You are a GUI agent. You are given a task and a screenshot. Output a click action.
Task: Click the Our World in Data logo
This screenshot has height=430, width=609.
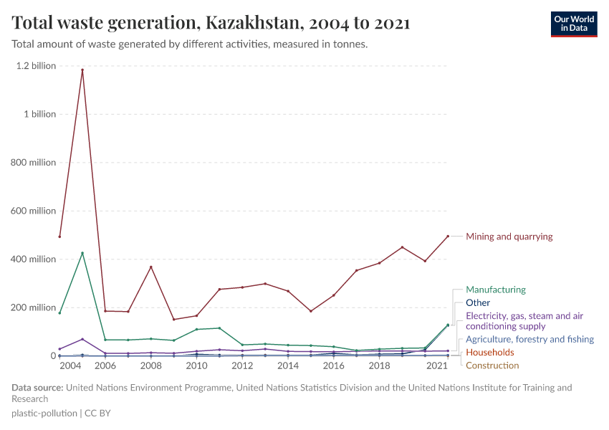(573, 24)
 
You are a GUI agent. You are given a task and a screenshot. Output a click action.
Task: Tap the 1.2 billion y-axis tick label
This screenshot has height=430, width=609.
(35, 66)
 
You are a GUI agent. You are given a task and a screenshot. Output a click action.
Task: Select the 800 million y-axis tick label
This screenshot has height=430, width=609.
(32, 163)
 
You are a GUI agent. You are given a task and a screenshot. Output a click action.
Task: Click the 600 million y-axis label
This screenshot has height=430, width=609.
(32, 211)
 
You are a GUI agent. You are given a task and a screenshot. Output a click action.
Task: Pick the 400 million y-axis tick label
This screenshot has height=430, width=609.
(32, 259)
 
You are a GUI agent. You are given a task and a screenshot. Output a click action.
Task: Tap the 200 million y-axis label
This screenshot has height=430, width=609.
(32, 307)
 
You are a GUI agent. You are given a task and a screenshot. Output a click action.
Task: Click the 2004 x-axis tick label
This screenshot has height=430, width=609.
(70, 365)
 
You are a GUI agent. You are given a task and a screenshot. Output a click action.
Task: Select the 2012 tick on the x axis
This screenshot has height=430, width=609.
(242, 365)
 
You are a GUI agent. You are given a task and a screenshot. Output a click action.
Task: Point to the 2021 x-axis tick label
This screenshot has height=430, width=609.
(437, 365)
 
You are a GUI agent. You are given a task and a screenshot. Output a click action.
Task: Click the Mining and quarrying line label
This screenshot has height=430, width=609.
(509, 236)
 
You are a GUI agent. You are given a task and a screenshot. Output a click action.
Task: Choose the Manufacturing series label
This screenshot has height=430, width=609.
(495, 290)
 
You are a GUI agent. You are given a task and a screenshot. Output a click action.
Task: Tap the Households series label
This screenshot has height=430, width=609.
(489, 353)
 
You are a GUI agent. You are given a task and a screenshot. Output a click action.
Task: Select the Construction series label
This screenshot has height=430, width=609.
(492, 365)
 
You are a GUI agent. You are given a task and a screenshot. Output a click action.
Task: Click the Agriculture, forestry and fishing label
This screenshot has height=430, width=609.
(529, 339)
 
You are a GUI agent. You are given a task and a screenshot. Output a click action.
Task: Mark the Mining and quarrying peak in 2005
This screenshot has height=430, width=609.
(82, 70)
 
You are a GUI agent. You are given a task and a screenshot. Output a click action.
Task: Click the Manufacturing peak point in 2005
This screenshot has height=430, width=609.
(82, 253)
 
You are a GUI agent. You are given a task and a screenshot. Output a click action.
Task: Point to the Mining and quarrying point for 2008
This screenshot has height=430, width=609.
(151, 267)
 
